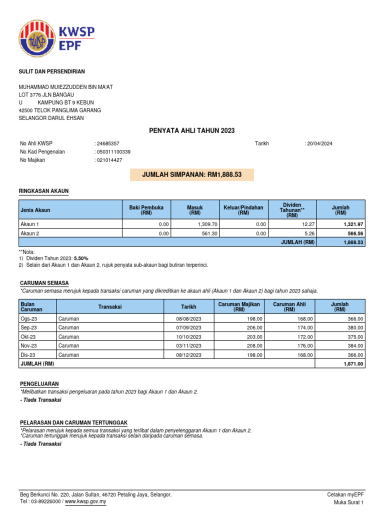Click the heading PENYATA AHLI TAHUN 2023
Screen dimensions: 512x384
tap(191, 130)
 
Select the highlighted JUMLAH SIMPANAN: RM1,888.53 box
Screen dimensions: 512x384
tap(191, 174)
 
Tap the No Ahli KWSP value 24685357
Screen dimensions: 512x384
tap(107, 143)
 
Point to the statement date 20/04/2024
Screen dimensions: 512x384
tap(319, 143)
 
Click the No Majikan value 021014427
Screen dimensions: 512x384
tap(109, 160)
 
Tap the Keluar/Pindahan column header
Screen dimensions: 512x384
tap(243, 209)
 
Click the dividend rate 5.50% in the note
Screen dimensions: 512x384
tap(82, 258)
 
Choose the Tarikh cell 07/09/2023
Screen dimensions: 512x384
tap(188, 327)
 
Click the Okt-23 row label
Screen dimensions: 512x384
tap(27, 336)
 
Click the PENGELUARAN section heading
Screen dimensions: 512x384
tap(39, 384)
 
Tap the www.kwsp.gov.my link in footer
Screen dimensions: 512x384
tap(86, 501)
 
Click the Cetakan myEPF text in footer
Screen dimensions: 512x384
tap(345, 494)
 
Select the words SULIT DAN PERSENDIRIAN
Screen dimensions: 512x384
tap(52, 72)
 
